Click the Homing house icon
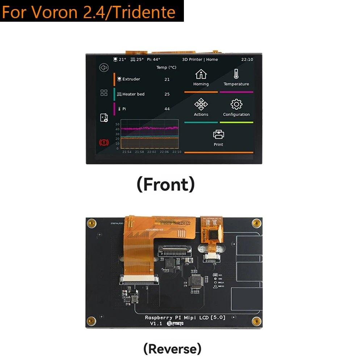click(x=201, y=74)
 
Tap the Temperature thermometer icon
click(x=236, y=74)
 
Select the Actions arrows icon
click(x=201, y=105)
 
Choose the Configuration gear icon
click(x=236, y=105)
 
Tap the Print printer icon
click(x=218, y=135)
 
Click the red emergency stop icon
click(x=104, y=143)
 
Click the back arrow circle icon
click(x=104, y=68)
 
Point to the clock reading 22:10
click(x=247, y=59)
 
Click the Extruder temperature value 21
click(x=167, y=79)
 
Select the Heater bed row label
click(x=133, y=94)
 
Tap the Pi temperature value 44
click(x=167, y=109)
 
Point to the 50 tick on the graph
click(x=117, y=124)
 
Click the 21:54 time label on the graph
click(x=126, y=152)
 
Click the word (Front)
click(x=165, y=184)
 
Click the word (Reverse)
click(x=172, y=349)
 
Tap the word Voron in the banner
click(x=55, y=13)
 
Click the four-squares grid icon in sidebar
click(x=104, y=93)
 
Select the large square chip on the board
click(x=195, y=281)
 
